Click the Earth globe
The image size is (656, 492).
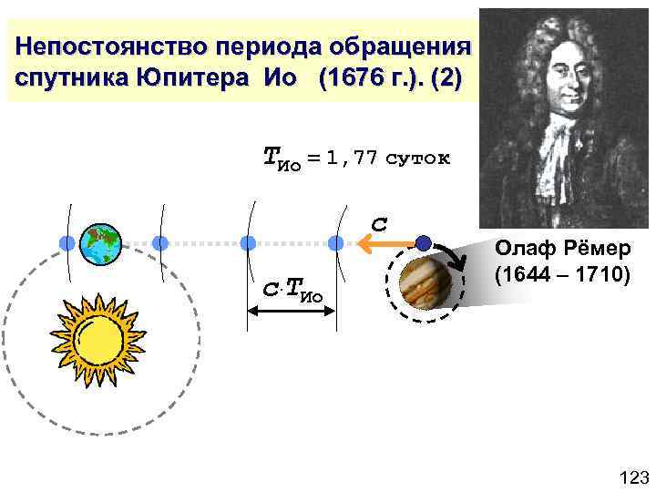pos(100,243)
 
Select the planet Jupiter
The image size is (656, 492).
pos(426,282)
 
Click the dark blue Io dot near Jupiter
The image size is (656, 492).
pos(422,242)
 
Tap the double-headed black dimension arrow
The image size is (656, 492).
pos(292,311)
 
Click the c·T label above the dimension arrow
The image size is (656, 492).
pos(292,291)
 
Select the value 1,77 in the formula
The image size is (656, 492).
pos(352,158)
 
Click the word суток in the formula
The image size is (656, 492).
pos(417,158)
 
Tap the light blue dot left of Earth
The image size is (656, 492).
pos(67,243)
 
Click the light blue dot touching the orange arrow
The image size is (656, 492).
pos(336,243)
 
